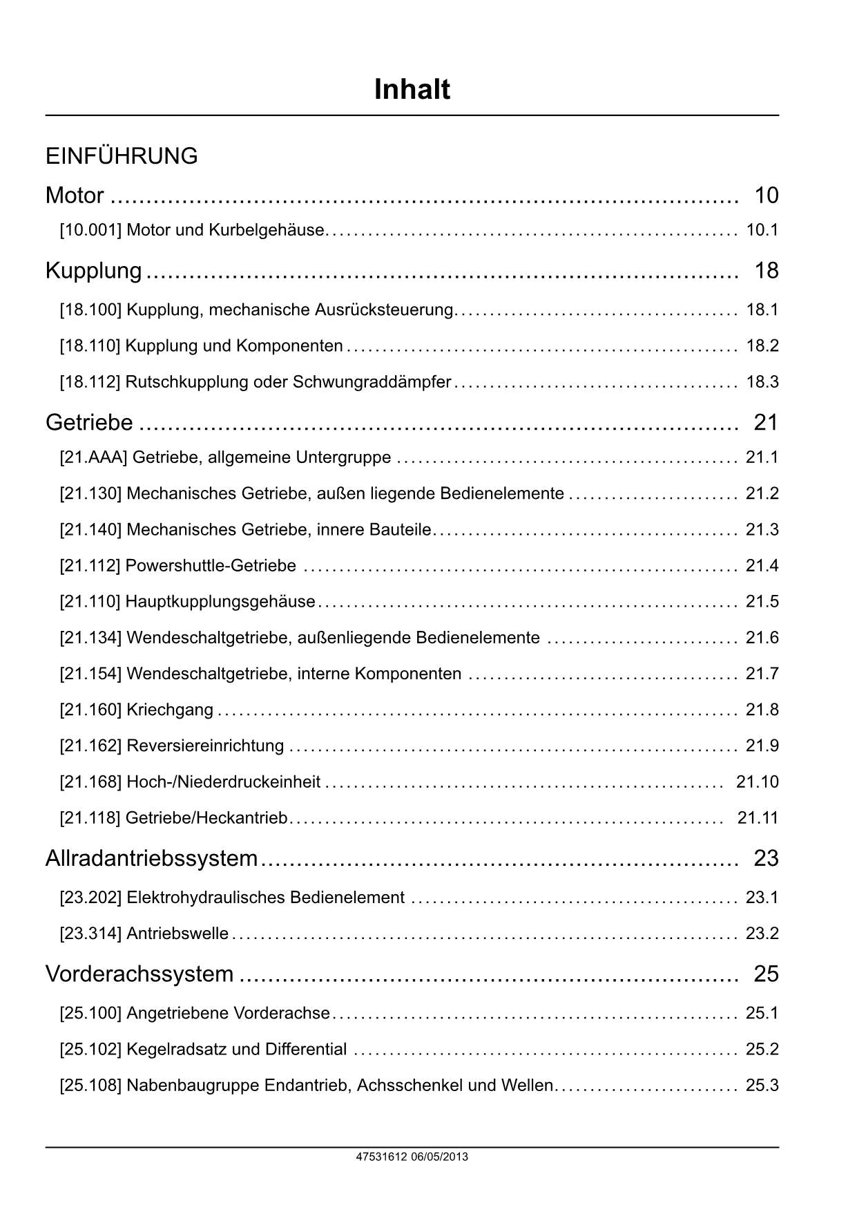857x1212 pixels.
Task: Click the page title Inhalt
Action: (x=412, y=90)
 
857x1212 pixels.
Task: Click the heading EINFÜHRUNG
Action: (x=122, y=156)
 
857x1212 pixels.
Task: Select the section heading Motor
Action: (x=75, y=196)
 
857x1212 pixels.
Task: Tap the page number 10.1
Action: (x=762, y=230)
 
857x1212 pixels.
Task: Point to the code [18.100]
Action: (x=90, y=310)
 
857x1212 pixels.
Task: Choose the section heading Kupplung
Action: (x=94, y=270)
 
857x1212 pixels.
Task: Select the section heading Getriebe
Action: (x=89, y=422)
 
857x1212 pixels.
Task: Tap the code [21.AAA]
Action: (x=93, y=457)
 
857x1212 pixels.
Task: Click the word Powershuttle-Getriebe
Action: (x=211, y=566)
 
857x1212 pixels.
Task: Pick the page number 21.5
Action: (x=762, y=602)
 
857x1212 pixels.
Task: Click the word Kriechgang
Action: (x=170, y=710)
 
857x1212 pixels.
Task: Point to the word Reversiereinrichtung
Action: (x=205, y=746)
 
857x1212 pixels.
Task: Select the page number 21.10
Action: (x=757, y=782)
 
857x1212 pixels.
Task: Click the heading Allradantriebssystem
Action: (x=151, y=858)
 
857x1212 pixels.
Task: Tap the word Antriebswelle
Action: (x=177, y=934)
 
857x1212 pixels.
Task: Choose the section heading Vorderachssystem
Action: (x=139, y=974)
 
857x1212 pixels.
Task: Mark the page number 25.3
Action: (x=762, y=1086)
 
